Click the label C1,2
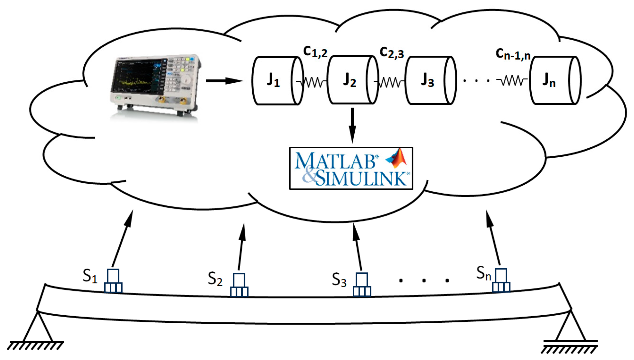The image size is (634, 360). click(x=315, y=52)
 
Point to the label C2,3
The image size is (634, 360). click(x=391, y=52)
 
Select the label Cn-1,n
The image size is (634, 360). click(x=513, y=54)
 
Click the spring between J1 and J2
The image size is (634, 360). click(x=314, y=82)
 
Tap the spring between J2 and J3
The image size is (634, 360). click(x=390, y=82)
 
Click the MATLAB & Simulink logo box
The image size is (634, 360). click(x=351, y=168)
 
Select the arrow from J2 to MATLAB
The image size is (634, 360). click(x=352, y=125)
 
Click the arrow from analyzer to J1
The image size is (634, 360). click(x=224, y=80)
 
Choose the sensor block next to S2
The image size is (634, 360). click(x=239, y=285)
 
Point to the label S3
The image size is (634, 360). click(x=339, y=280)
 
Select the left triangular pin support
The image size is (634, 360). click(x=37, y=328)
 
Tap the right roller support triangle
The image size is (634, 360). click(x=571, y=327)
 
